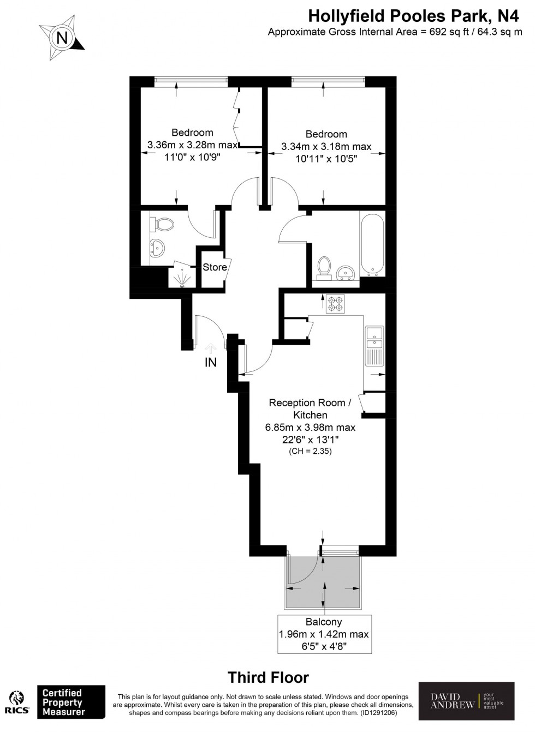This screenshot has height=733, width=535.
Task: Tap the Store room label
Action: pos(215,267)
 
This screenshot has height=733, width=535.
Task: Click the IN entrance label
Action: pos(211,362)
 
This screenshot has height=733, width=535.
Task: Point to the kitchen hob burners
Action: pos(335,303)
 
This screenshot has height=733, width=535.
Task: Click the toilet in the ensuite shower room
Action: pos(162,224)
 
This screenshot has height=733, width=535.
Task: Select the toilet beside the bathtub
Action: pos(324,268)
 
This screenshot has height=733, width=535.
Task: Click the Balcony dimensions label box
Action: pos(324,634)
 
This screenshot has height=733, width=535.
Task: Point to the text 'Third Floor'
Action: pos(268,678)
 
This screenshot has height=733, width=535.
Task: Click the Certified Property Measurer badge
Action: pos(70,702)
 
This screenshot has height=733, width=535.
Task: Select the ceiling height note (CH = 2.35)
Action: pos(310,451)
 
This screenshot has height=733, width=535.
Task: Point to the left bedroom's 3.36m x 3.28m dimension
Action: pos(192,145)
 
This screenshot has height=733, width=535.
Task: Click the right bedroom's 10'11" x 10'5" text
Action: pos(326,159)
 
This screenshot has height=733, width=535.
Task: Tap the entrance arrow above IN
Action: pos(211,346)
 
